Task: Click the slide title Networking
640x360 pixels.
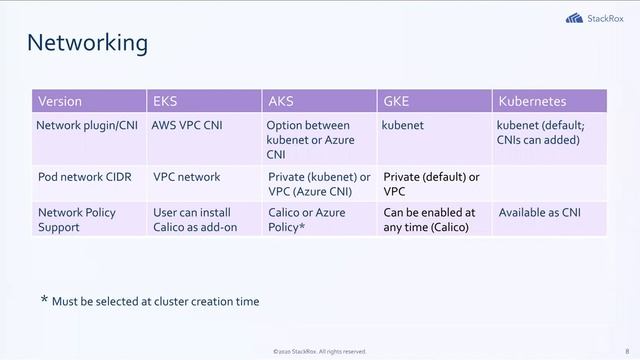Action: [x=87, y=43]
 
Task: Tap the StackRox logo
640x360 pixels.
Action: [x=594, y=17]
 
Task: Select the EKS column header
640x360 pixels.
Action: [x=164, y=102]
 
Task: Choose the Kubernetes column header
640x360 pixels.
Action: [x=532, y=102]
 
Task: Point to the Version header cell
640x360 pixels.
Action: [x=60, y=102]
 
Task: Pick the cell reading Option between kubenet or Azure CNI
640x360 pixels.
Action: [x=309, y=140]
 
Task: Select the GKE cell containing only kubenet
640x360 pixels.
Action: [x=402, y=126]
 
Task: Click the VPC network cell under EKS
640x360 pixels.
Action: [x=186, y=177]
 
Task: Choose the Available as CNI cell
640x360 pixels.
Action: [x=539, y=212]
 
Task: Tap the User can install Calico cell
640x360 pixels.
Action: [x=194, y=219]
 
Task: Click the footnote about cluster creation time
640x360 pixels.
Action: [x=149, y=301]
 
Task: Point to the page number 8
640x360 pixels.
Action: [x=626, y=351]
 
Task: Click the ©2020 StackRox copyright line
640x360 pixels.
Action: [x=319, y=352]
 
